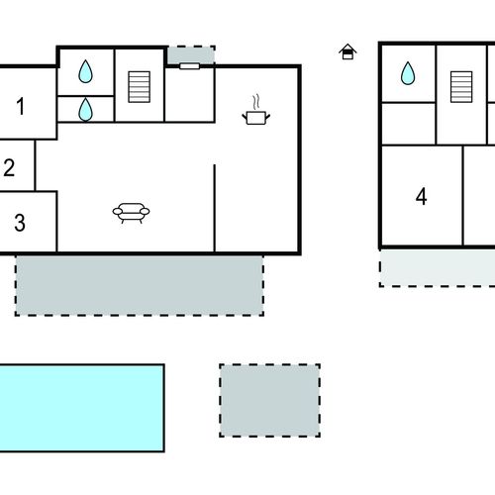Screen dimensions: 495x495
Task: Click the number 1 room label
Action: (x=21, y=106)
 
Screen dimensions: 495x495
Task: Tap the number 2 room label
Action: (x=9, y=167)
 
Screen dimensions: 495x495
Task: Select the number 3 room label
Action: (x=20, y=223)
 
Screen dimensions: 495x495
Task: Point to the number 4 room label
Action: (x=421, y=197)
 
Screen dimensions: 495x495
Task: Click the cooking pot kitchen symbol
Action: (x=256, y=111)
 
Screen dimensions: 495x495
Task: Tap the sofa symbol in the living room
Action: (x=131, y=213)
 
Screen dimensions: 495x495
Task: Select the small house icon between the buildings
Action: (x=347, y=51)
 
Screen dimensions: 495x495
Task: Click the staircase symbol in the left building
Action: (x=140, y=87)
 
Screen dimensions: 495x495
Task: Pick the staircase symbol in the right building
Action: (x=461, y=87)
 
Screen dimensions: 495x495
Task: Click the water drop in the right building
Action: (x=408, y=73)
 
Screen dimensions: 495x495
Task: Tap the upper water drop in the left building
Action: (x=85, y=71)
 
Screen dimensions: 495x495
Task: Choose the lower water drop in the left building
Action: (x=85, y=110)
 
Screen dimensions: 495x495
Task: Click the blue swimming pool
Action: (x=82, y=408)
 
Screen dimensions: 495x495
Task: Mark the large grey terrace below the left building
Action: (x=140, y=285)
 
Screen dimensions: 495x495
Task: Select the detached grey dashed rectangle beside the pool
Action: (x=270, y=401)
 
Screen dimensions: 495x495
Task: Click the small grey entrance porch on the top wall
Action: (x=191, y=54)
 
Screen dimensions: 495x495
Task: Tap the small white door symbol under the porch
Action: (x=189, y=66)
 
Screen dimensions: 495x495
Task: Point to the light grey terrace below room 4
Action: (x=438, y=268)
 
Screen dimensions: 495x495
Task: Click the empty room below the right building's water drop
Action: (x=409, y=124)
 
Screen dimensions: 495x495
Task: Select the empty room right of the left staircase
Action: (x=189, y=95)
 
